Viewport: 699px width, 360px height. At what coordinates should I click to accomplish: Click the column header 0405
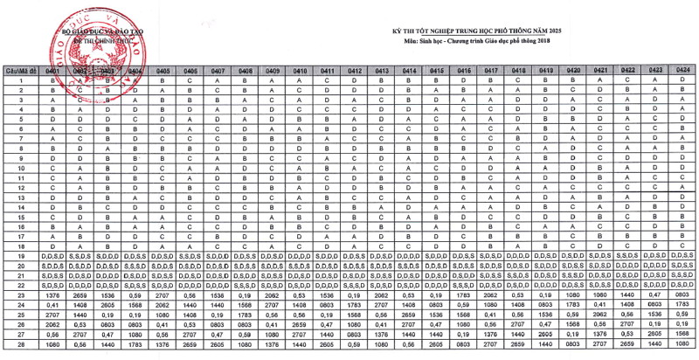(163, 70)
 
